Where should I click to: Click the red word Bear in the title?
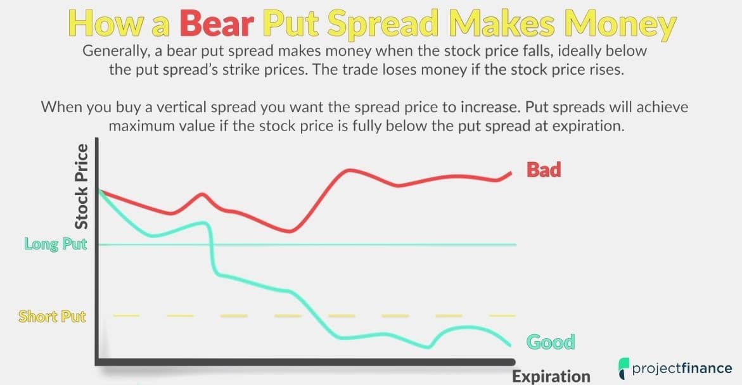(x=217, y=23)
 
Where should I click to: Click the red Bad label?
(x=544, y=169)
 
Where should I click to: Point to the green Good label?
(x=551, y=341)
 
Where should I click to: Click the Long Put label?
(x=56, y=244)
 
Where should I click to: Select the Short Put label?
(x=52, y=316)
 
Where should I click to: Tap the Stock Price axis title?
(x=81, y=186)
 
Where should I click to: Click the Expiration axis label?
(x=551, y=377)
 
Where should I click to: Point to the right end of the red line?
(x=511, y=173)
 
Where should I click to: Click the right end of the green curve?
(x=510, y=345)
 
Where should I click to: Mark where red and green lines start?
(x=99, y=190)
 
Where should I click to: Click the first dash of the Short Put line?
(x=126, y=315)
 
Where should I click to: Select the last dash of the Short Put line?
(x=502, y=315)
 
